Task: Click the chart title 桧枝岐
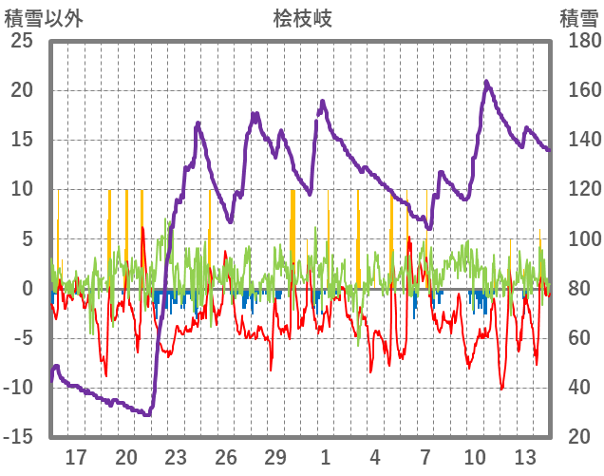point(302,18)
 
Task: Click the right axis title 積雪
point(577,18)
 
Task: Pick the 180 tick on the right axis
point(578,41)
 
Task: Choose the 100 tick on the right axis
point(578,239)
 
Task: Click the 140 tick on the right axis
point(578,141)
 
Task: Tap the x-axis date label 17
point(76,457)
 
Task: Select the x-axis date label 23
point(176,457)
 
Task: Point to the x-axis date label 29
point(275,457)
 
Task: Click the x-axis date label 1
point(326,457)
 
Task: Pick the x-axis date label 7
point(425,457)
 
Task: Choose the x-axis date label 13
point(525,457)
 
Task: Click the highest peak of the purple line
point(485,82)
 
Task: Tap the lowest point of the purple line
point(147,415)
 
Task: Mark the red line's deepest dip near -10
point(500,389)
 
